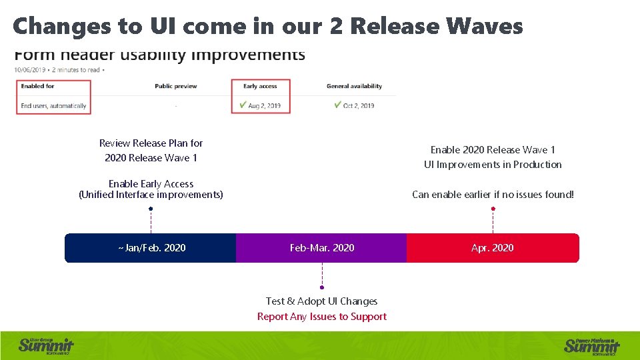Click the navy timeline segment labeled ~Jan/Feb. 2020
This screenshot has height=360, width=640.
pos(151,248)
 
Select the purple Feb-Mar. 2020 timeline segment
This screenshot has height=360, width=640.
pos(321,248)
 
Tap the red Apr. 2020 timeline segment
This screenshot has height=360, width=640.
pos(493,248)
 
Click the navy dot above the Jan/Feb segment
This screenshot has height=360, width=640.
pos(151,209)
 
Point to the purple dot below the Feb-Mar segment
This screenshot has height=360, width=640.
pos(322,287)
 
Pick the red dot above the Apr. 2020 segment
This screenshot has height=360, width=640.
pos(493,209)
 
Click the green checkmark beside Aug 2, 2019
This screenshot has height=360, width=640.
pos(243,105)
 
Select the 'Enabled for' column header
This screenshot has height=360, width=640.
pos(37,86)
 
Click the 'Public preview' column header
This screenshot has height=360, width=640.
pos(176,86)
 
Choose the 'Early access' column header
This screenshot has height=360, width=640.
pos(260,86)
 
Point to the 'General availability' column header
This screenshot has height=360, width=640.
pos(354,86)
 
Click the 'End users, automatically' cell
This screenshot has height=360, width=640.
pos(53,106)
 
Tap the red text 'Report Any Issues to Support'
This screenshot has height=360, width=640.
pos(322,317)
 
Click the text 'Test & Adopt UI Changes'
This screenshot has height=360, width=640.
pos(322,301)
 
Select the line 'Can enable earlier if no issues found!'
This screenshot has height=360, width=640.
pos(493,195)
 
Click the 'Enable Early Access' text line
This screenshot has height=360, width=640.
pos(151,184)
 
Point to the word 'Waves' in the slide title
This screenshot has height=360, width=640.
pos(485,26)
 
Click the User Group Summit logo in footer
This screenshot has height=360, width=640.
pos(45,345)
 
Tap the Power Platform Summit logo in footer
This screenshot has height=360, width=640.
pos(592,345)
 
